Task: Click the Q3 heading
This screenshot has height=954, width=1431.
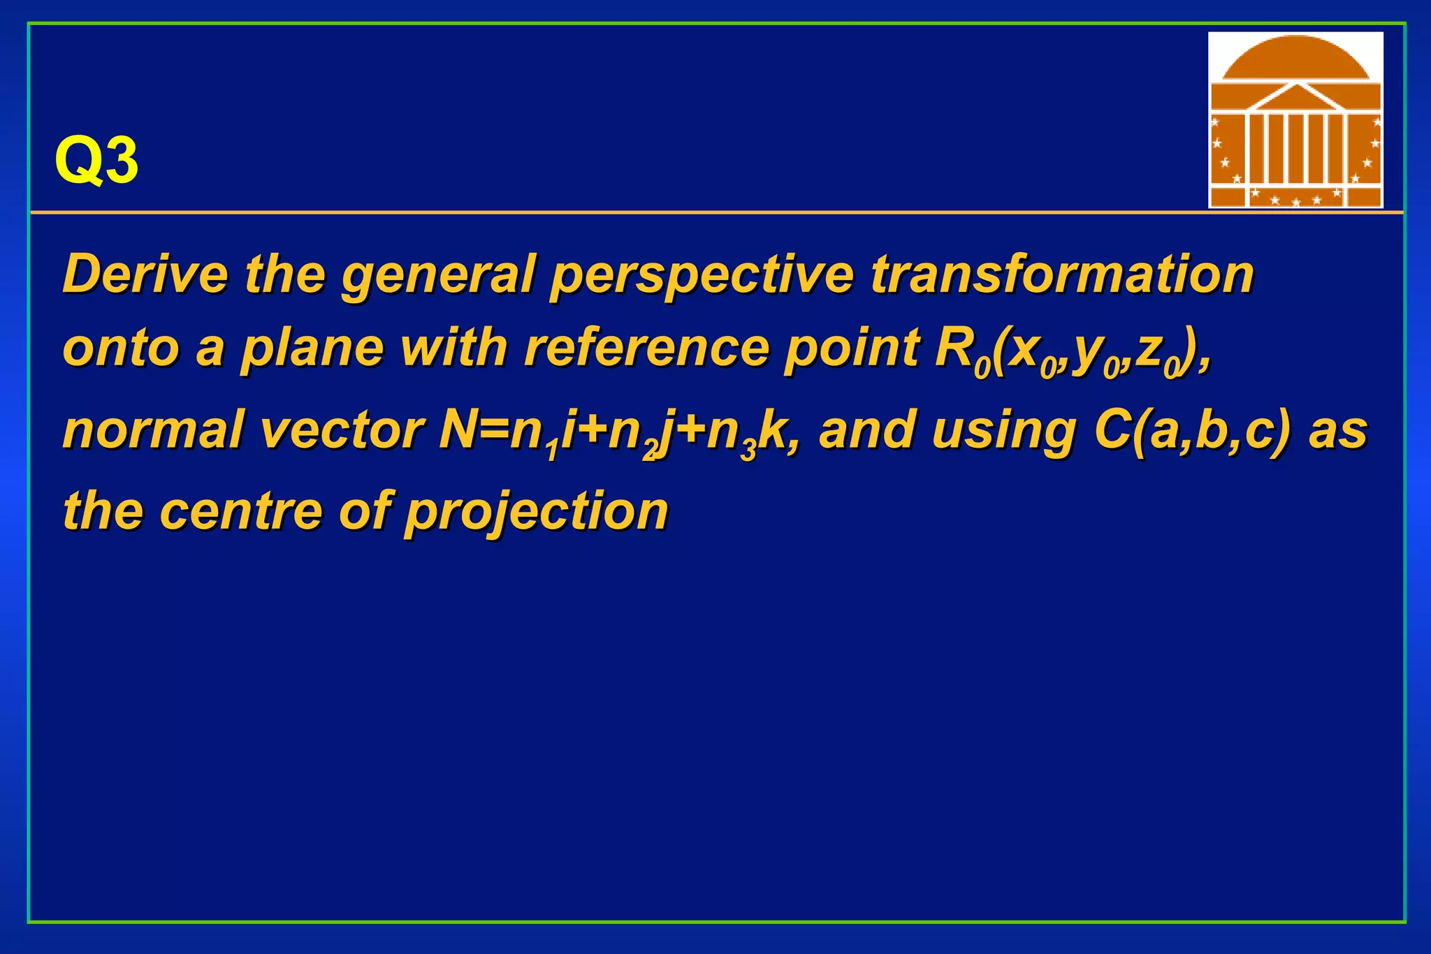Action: coord(96,161)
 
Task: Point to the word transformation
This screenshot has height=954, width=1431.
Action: coord(1061,274)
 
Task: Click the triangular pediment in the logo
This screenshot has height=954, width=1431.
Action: coord(1295,98)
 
